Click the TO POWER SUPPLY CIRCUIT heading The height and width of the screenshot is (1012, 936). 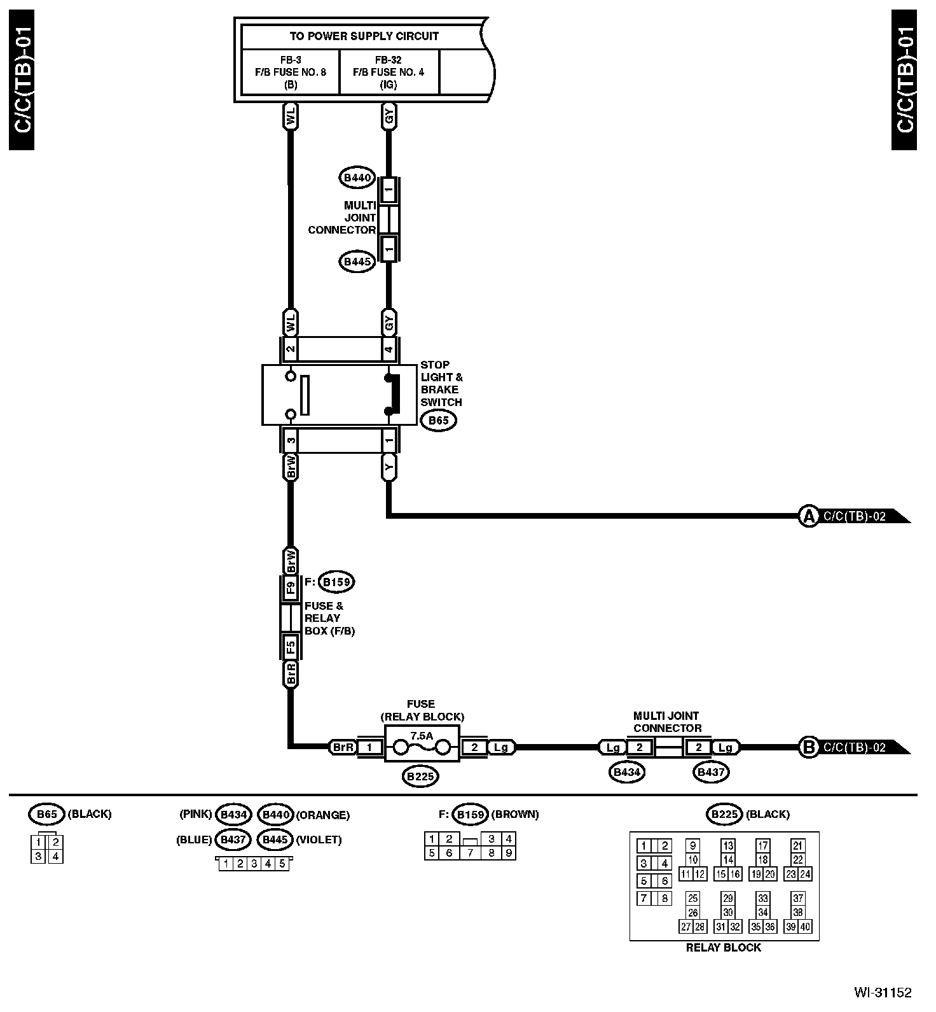click(x=364, y=36)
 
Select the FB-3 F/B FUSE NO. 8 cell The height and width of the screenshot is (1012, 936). click(x=291, y=72)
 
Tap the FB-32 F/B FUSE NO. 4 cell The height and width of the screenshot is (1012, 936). click(x=389, y=72)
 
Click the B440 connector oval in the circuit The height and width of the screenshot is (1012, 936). click(x=357, y=178)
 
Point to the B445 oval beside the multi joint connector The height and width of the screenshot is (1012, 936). click(x=357, y=262)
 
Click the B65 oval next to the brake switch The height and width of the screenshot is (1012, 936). click(x=438, y=421)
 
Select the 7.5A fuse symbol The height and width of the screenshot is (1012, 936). click(x=422, y=743)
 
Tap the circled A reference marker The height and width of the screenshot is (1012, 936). click(x=808, y=516)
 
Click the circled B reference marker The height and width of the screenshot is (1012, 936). click(x=808, y=747)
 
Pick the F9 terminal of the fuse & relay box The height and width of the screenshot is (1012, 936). click(x=291, y=588)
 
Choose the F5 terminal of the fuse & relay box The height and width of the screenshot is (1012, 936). click(x=291, y=647)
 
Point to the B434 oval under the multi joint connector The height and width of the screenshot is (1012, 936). click(x=627, y=773)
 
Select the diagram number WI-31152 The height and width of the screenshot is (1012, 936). click(x=883, y=992)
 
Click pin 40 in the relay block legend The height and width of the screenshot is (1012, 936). click(x=805, y=927)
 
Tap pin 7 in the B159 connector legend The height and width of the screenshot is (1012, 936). click(x=471, y=854)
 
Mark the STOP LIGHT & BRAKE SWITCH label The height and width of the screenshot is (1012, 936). click(x=441, y=383)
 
